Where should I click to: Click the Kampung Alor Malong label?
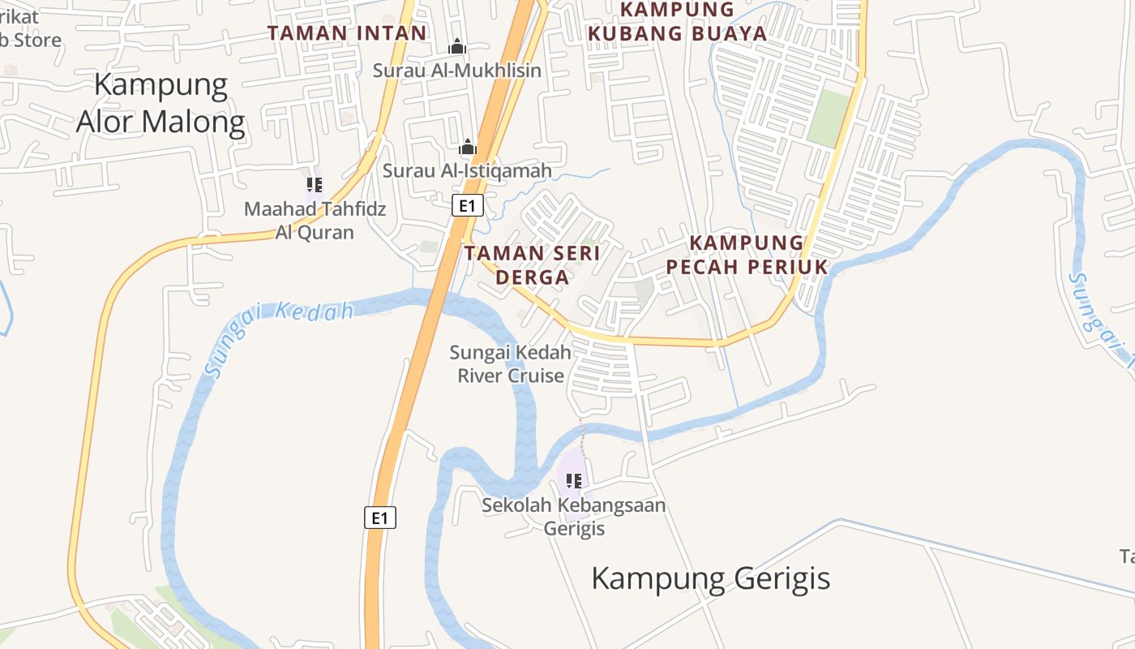pyautogui.click(x=161, y=103)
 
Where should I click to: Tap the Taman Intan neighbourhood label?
pyautogui.click(x=347, y=33)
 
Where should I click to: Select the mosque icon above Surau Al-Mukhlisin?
pyautogui.click(x=457, y=47)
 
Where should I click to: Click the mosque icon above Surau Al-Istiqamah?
pyautogui.click(x=467, y=148)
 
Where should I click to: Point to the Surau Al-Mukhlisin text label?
pyautogui.click(x=456, y=71)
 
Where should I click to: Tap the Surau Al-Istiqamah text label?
pyautogui.click(x=467, y=171)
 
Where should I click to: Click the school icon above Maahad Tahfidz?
pyautogui.click(x=315, y=185)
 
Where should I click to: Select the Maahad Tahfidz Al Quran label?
pyautogui.click(x=315, y=221)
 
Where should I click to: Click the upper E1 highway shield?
pyautogui.click(x=467, y=206)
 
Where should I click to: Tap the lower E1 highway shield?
pyautogui.click(x=380, y=518)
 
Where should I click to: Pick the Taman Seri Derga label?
pyautogui.click(x=532, y=264)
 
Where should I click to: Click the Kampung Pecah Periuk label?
pyautogui.click(x=747, y=255)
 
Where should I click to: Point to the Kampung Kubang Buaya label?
pyautogui.click(x=677, y=22)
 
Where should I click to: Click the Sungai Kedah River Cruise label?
pyautogui.click(x=511, y=363)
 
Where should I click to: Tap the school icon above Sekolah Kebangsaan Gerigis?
pyautogui.click(x=574, y=481)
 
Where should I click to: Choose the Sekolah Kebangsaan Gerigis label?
pyautogui.click(x=574, y=517)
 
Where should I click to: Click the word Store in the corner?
pyautogui.click(x=34, y=40)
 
